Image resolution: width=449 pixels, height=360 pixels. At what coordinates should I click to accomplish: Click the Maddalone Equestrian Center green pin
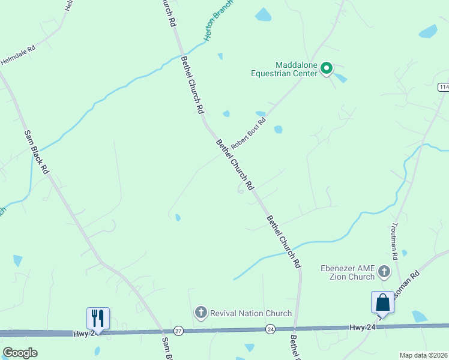click(x=327, y=68)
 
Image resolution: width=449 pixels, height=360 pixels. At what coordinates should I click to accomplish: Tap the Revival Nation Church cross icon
click(x=200, y=313)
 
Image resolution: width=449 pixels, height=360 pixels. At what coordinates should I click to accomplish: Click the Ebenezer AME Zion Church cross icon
click(x=384, y=274)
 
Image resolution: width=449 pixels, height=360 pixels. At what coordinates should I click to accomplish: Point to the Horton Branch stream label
click(x=217, y=21)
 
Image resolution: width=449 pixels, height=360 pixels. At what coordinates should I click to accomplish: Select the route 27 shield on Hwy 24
click(x=178, y=331)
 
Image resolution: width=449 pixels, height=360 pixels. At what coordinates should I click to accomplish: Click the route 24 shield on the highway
click(x=271, y=329)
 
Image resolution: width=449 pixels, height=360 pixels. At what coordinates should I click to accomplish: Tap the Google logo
click(x=20, y=353)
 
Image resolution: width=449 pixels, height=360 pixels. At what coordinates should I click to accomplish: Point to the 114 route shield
click(x=444, y=87)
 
